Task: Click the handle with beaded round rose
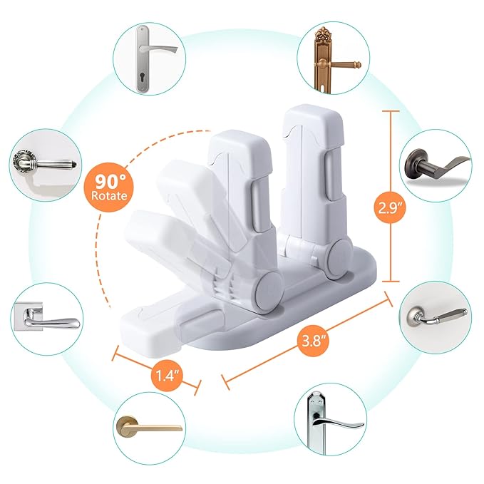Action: [43, 163]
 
